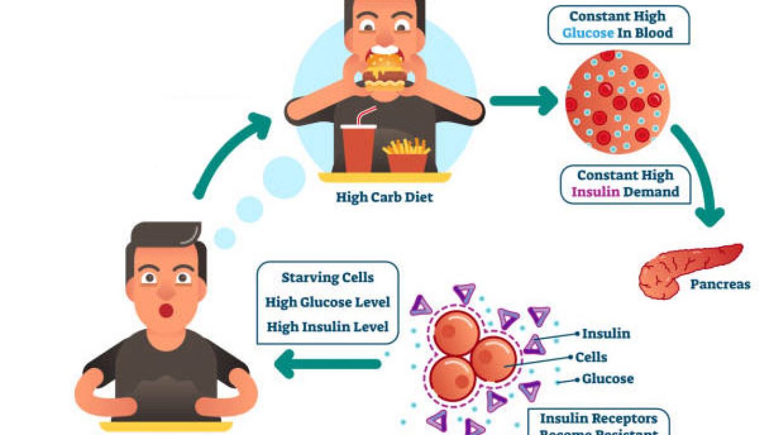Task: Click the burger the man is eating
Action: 384,72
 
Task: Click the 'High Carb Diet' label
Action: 385,197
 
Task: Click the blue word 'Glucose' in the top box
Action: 588,32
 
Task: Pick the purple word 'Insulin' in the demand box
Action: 595,192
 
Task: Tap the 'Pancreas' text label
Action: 721,284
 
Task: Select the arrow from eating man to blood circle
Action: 524,100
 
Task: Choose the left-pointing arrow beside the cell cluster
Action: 327,364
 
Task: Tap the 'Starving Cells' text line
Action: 327,278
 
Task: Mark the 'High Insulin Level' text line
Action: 327,326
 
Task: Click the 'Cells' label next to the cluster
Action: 591,357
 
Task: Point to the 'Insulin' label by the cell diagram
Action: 606,333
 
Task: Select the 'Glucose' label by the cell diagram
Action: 608,379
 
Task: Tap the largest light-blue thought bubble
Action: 284,177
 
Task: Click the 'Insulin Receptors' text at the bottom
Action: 598,419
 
